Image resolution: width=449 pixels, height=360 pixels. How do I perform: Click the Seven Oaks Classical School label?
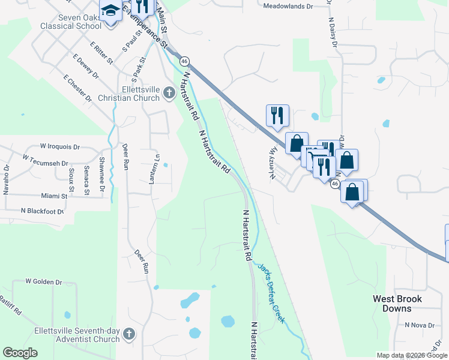pos(71,22)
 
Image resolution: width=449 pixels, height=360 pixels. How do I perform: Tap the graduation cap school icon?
pos(110,11)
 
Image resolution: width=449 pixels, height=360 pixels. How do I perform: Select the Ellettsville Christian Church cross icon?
pos(169,94)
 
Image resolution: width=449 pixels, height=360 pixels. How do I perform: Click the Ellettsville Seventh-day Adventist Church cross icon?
pos(129,334)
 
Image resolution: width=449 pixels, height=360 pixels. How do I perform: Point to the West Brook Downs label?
pos(397,304)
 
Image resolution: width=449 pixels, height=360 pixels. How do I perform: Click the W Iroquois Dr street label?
pos(60,146)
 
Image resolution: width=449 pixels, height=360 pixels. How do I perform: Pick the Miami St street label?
pos(54,196)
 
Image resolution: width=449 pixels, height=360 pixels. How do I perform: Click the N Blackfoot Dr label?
pos(43,211)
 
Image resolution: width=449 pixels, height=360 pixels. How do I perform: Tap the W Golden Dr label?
pos(44,281)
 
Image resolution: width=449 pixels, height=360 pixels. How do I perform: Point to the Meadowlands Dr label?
pos(289,6)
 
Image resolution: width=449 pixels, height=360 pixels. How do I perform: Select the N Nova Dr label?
pos(419,325)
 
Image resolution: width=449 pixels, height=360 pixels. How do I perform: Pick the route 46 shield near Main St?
pos(184,61)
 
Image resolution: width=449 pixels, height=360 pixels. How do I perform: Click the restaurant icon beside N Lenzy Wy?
pos(277,115)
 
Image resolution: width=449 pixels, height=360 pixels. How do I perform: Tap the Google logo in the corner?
pos(20,353)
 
